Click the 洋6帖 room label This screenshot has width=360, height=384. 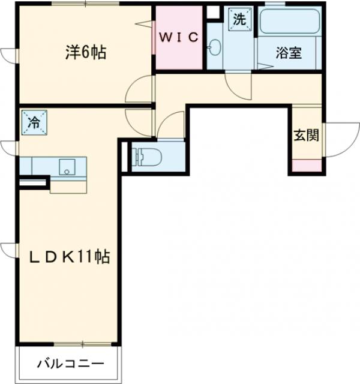pos(86,53)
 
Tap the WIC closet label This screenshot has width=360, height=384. pos(178,37)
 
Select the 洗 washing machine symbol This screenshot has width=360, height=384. pos(239,19)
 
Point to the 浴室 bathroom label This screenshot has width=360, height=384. pos(288,53)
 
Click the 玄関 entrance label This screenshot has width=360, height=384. pos(306,135)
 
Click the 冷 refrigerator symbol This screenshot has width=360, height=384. pos(34,123)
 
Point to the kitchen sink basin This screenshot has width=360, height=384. pos(65,167)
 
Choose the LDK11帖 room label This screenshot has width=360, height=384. pos(70,257)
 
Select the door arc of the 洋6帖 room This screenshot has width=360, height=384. pos(139,91)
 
